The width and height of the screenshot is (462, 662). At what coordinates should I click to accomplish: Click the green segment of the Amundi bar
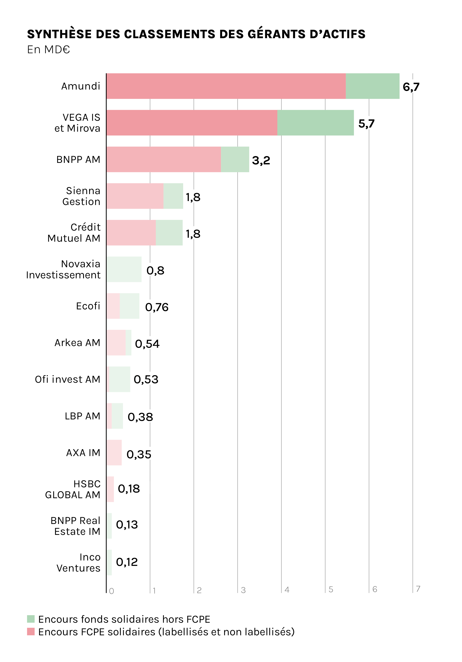pos(372,86)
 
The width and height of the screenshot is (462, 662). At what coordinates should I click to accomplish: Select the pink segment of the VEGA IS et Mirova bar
pos(192,123)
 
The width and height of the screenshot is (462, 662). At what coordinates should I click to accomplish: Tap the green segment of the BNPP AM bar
pos(235,159)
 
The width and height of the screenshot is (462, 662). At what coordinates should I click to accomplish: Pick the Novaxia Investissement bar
pos(124,269)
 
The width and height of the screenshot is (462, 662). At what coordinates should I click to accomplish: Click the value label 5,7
pos(366,124)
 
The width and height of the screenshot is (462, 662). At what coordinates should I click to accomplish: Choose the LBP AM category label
pos(82,416)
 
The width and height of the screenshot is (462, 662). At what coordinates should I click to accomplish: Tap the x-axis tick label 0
pos(112,591)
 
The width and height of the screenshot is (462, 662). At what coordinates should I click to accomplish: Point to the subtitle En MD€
pos(49,50)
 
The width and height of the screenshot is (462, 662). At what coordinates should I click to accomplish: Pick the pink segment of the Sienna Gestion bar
pos(135,196)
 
